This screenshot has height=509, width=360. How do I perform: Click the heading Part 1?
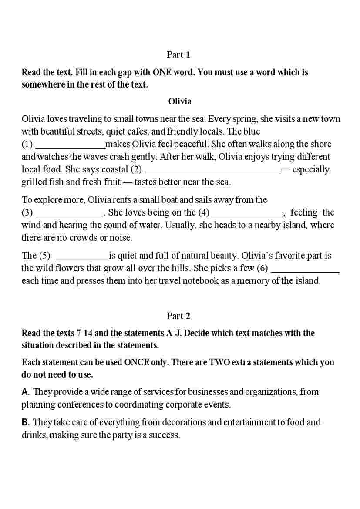pos(178,55)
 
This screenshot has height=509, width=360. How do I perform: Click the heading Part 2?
pos(178,316)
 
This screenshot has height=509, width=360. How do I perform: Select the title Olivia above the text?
pos(180,101)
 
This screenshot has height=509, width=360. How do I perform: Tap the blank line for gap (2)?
pos(212,170)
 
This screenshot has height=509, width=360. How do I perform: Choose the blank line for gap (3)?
pos(69,213)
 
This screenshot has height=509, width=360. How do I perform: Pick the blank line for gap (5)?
pos(80,256)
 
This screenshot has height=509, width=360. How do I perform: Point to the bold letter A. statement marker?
pos(26,392)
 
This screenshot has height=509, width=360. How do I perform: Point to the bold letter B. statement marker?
pos(26,422)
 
